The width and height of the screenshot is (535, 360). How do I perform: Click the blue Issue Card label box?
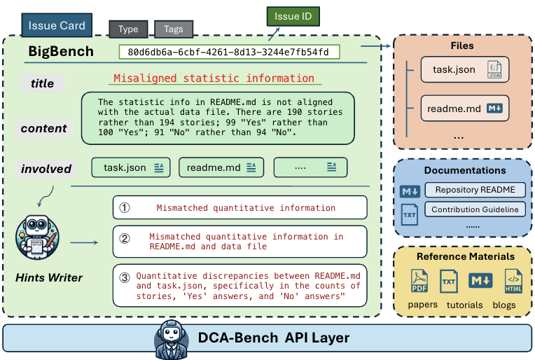57,26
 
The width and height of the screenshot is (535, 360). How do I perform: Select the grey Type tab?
128,29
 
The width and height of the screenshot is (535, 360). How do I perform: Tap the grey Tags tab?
173,29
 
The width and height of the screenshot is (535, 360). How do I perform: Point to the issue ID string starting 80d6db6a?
229,53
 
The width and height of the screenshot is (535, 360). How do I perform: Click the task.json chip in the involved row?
132,167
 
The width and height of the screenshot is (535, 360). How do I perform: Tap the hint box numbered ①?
239,207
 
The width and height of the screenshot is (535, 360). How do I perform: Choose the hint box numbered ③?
239,285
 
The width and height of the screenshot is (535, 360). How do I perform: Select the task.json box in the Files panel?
464,70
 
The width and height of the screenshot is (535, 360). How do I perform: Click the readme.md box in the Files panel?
464,109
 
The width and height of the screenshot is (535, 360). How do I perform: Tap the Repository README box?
475,190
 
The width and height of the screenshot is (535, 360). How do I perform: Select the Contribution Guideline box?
475,209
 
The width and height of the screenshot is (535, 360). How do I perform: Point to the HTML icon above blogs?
513,282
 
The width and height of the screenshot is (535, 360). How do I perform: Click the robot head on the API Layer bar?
168,338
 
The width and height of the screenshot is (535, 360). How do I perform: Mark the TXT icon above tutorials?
449,282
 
